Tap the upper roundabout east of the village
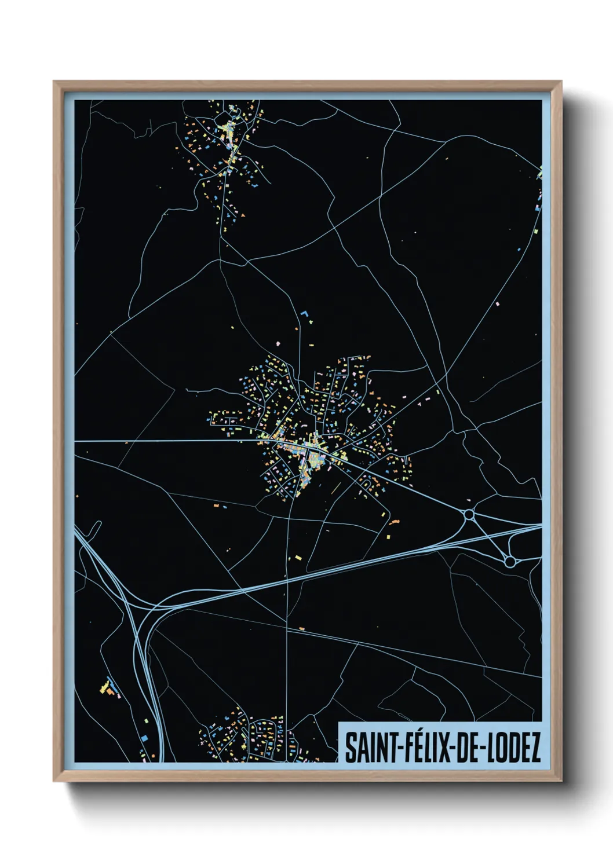pos(469,514)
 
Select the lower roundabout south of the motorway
pos(509,561)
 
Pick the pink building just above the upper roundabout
pos(468,500)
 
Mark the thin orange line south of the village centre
pos(334,487)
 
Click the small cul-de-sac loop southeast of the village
pos(366,480)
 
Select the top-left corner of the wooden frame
pos(54,82)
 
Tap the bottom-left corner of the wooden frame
pos(54,780)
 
